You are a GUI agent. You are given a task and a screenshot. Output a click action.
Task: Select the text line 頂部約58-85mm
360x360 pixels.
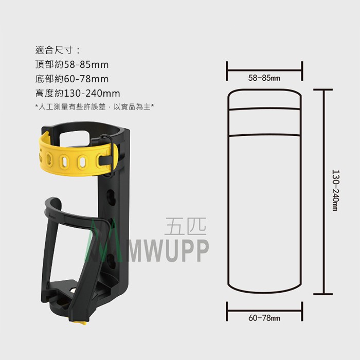[x=72, y=64]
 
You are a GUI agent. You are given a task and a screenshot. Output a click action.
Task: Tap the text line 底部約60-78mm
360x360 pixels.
[x=72, y=79]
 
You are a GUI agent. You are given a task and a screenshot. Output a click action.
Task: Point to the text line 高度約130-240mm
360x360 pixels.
[x=78, y=93]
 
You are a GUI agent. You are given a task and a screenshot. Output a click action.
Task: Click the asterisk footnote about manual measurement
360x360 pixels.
[x=94, y=106]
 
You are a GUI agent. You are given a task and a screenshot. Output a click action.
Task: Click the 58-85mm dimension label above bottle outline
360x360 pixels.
[x=264, y=78]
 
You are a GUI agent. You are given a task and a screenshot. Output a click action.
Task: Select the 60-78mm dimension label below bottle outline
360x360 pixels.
[x=264, y=318]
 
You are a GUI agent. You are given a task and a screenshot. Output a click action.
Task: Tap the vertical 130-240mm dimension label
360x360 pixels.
[x=336, y=190]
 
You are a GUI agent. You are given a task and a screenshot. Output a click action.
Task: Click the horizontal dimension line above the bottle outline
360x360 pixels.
[x=264, y=71]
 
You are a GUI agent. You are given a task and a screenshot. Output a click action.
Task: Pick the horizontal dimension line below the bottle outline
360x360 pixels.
[x=264, y=311]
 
